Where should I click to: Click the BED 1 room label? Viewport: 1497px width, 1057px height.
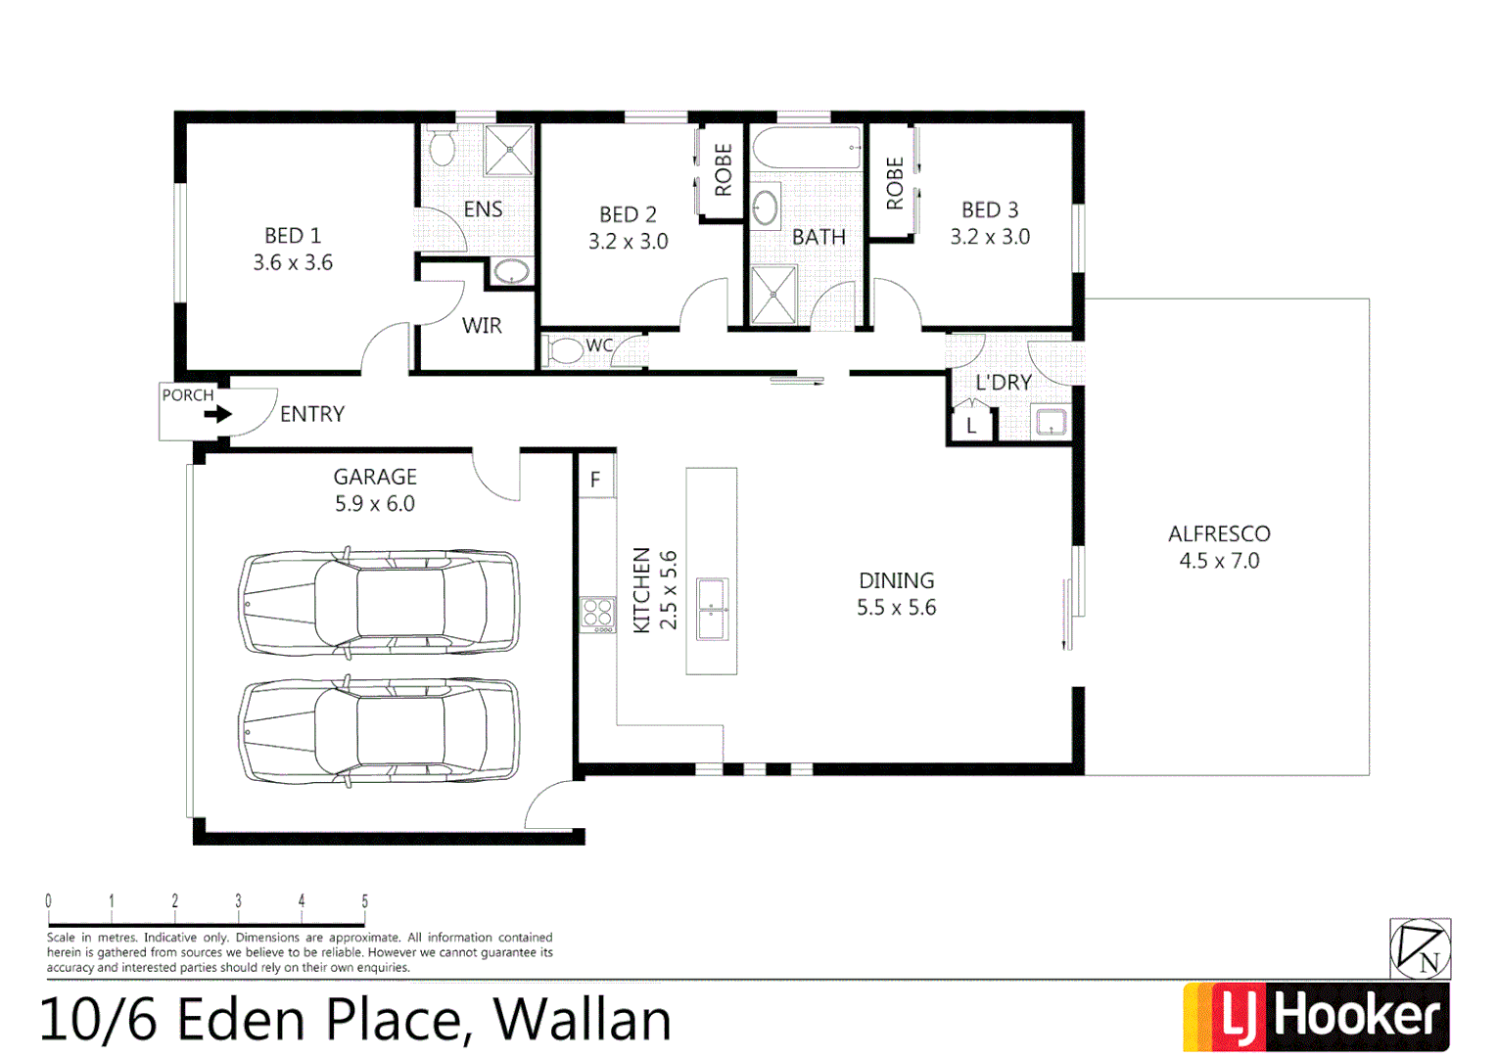click(292, 236)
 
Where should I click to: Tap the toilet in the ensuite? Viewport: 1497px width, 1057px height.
click(443, 148)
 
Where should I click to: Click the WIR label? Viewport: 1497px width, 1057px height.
click(482, 326)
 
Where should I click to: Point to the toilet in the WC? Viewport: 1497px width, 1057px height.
click(565, 350)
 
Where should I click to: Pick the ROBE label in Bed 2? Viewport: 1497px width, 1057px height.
click(724, 170)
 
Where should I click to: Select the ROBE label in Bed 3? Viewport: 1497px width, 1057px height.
click(894, 183)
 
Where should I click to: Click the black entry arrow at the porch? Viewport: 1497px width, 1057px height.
click(217, 414)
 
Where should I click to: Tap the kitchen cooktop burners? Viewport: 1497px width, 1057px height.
click(597, 614)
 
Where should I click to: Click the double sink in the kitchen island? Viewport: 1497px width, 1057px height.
click(712, 609)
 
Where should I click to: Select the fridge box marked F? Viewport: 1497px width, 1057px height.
click(595, 480)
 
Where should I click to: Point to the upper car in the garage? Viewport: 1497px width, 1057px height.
click(379, 602)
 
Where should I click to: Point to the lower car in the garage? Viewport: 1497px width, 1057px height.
click(379, 732)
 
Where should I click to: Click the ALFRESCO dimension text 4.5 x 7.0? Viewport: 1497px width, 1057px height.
click(1219, 561)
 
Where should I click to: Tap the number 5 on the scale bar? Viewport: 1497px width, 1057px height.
click(364, 901)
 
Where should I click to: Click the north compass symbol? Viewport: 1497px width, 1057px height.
click(1420, 948)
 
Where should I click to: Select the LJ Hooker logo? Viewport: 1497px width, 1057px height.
click(1316, 1017)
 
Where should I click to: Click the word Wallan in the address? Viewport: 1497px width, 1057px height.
click(583, 1020)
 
